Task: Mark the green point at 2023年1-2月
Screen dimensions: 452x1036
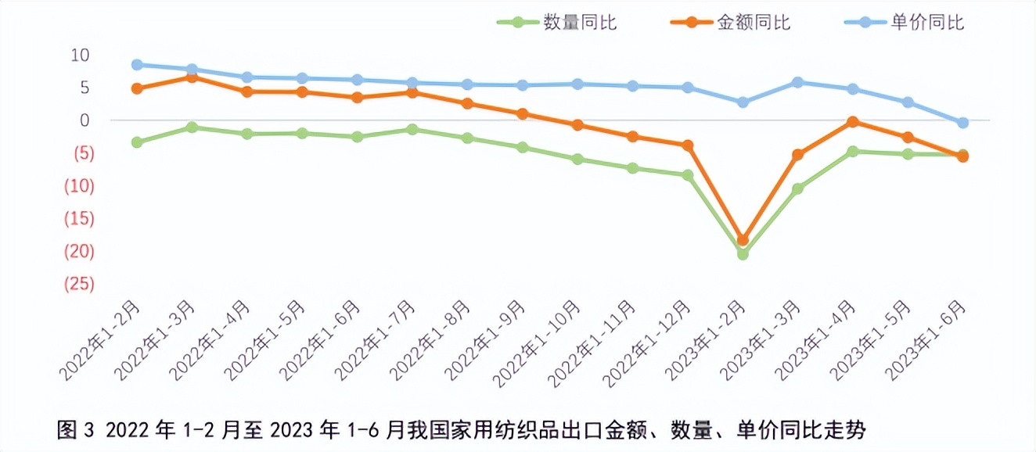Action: (743, 254)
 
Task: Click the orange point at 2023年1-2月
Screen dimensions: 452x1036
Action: (743, 240)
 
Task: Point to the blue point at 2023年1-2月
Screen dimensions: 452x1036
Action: (743, 102)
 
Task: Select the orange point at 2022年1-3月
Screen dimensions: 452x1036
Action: (192, 77)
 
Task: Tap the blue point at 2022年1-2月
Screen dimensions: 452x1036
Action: (137, 65)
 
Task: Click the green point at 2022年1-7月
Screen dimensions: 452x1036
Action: (412, 129)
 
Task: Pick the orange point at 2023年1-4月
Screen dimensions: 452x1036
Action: (853, 122)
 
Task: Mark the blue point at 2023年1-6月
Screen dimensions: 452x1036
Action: (962, 123)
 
